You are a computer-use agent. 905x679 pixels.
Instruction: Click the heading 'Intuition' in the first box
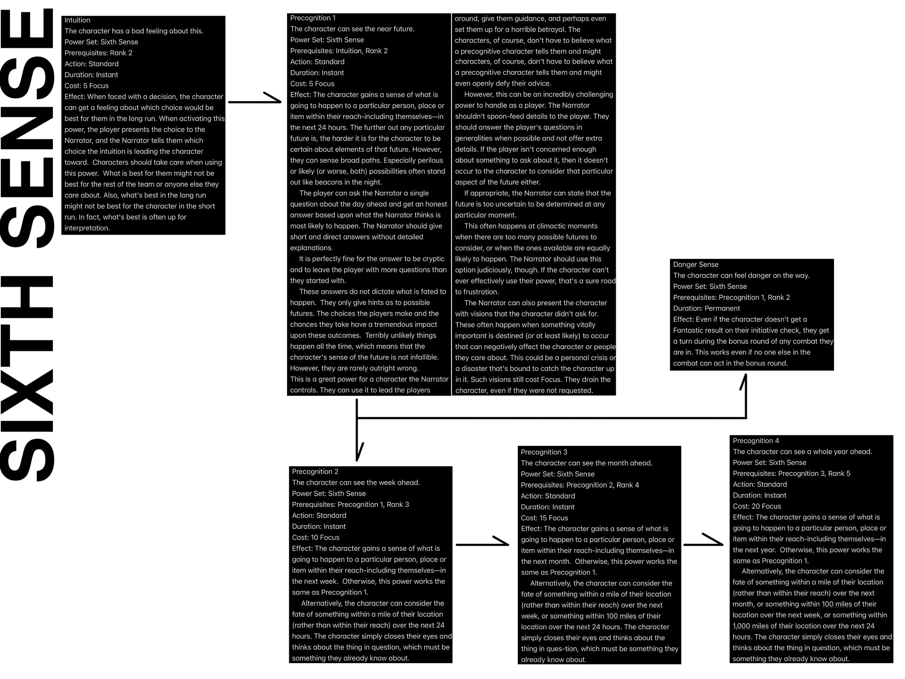77,20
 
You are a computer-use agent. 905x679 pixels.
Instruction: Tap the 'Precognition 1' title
312,18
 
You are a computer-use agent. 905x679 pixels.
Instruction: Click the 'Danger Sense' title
695,264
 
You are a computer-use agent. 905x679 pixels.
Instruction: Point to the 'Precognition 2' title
315,471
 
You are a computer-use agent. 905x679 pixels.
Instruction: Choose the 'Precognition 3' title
544,452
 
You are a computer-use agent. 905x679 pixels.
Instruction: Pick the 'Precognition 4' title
755,441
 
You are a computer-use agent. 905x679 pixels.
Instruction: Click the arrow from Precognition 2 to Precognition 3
482,544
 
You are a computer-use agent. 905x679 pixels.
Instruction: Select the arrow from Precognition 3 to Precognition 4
703,544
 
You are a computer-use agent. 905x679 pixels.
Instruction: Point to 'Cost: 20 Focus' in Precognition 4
757,506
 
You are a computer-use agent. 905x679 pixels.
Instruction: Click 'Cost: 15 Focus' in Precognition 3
544,518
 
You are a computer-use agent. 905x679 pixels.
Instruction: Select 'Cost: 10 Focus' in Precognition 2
315,537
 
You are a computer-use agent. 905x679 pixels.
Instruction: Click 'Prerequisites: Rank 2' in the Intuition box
98,53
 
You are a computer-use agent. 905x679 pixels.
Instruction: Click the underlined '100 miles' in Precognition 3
621,616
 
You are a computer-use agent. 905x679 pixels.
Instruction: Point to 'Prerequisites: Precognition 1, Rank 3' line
350,504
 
